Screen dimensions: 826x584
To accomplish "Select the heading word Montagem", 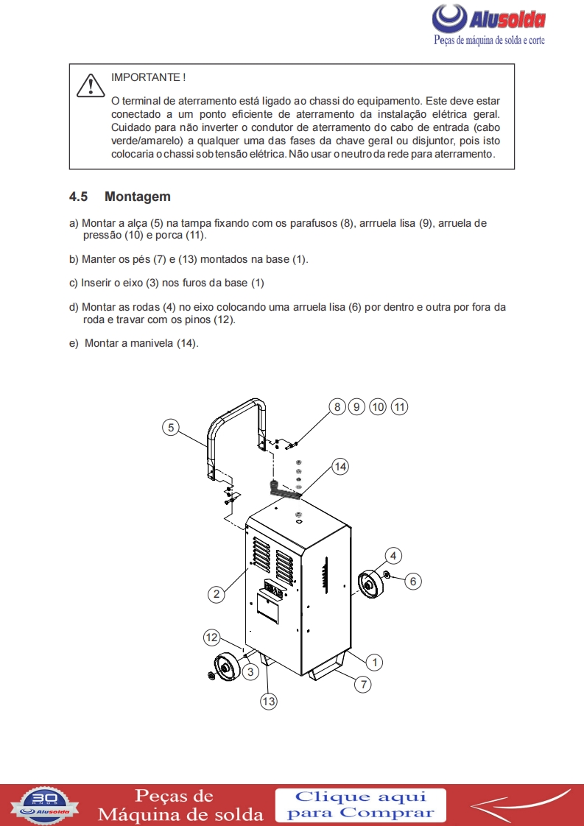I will (x=138, y=197).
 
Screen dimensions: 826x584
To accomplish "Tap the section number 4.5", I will (x=78, y=197).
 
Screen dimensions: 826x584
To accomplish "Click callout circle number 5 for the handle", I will (x=171, y=427).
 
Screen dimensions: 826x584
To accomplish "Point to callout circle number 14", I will (x=340, y=466).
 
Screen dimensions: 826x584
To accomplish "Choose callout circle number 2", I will (x=215, y=593).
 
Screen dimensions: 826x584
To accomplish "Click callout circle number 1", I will (x=374, y=662).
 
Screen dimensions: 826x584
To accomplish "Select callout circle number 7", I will (x=362, y=684).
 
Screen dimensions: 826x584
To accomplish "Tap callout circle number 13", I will (x=269, y=702).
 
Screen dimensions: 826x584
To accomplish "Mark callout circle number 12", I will (x=212, y=637).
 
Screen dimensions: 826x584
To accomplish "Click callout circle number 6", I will (x=412, y=581).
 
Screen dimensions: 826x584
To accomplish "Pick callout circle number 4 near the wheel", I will (x=393, y=554).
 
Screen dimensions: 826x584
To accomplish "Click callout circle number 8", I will (x=337, y=406).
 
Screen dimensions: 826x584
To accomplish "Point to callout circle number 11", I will (x=399, y=406).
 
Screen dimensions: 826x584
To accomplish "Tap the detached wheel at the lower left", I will (x=226, y=668).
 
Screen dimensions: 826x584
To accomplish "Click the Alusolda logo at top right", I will (x=489, y=20).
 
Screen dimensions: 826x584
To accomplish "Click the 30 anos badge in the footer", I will (x=45, y=803).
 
